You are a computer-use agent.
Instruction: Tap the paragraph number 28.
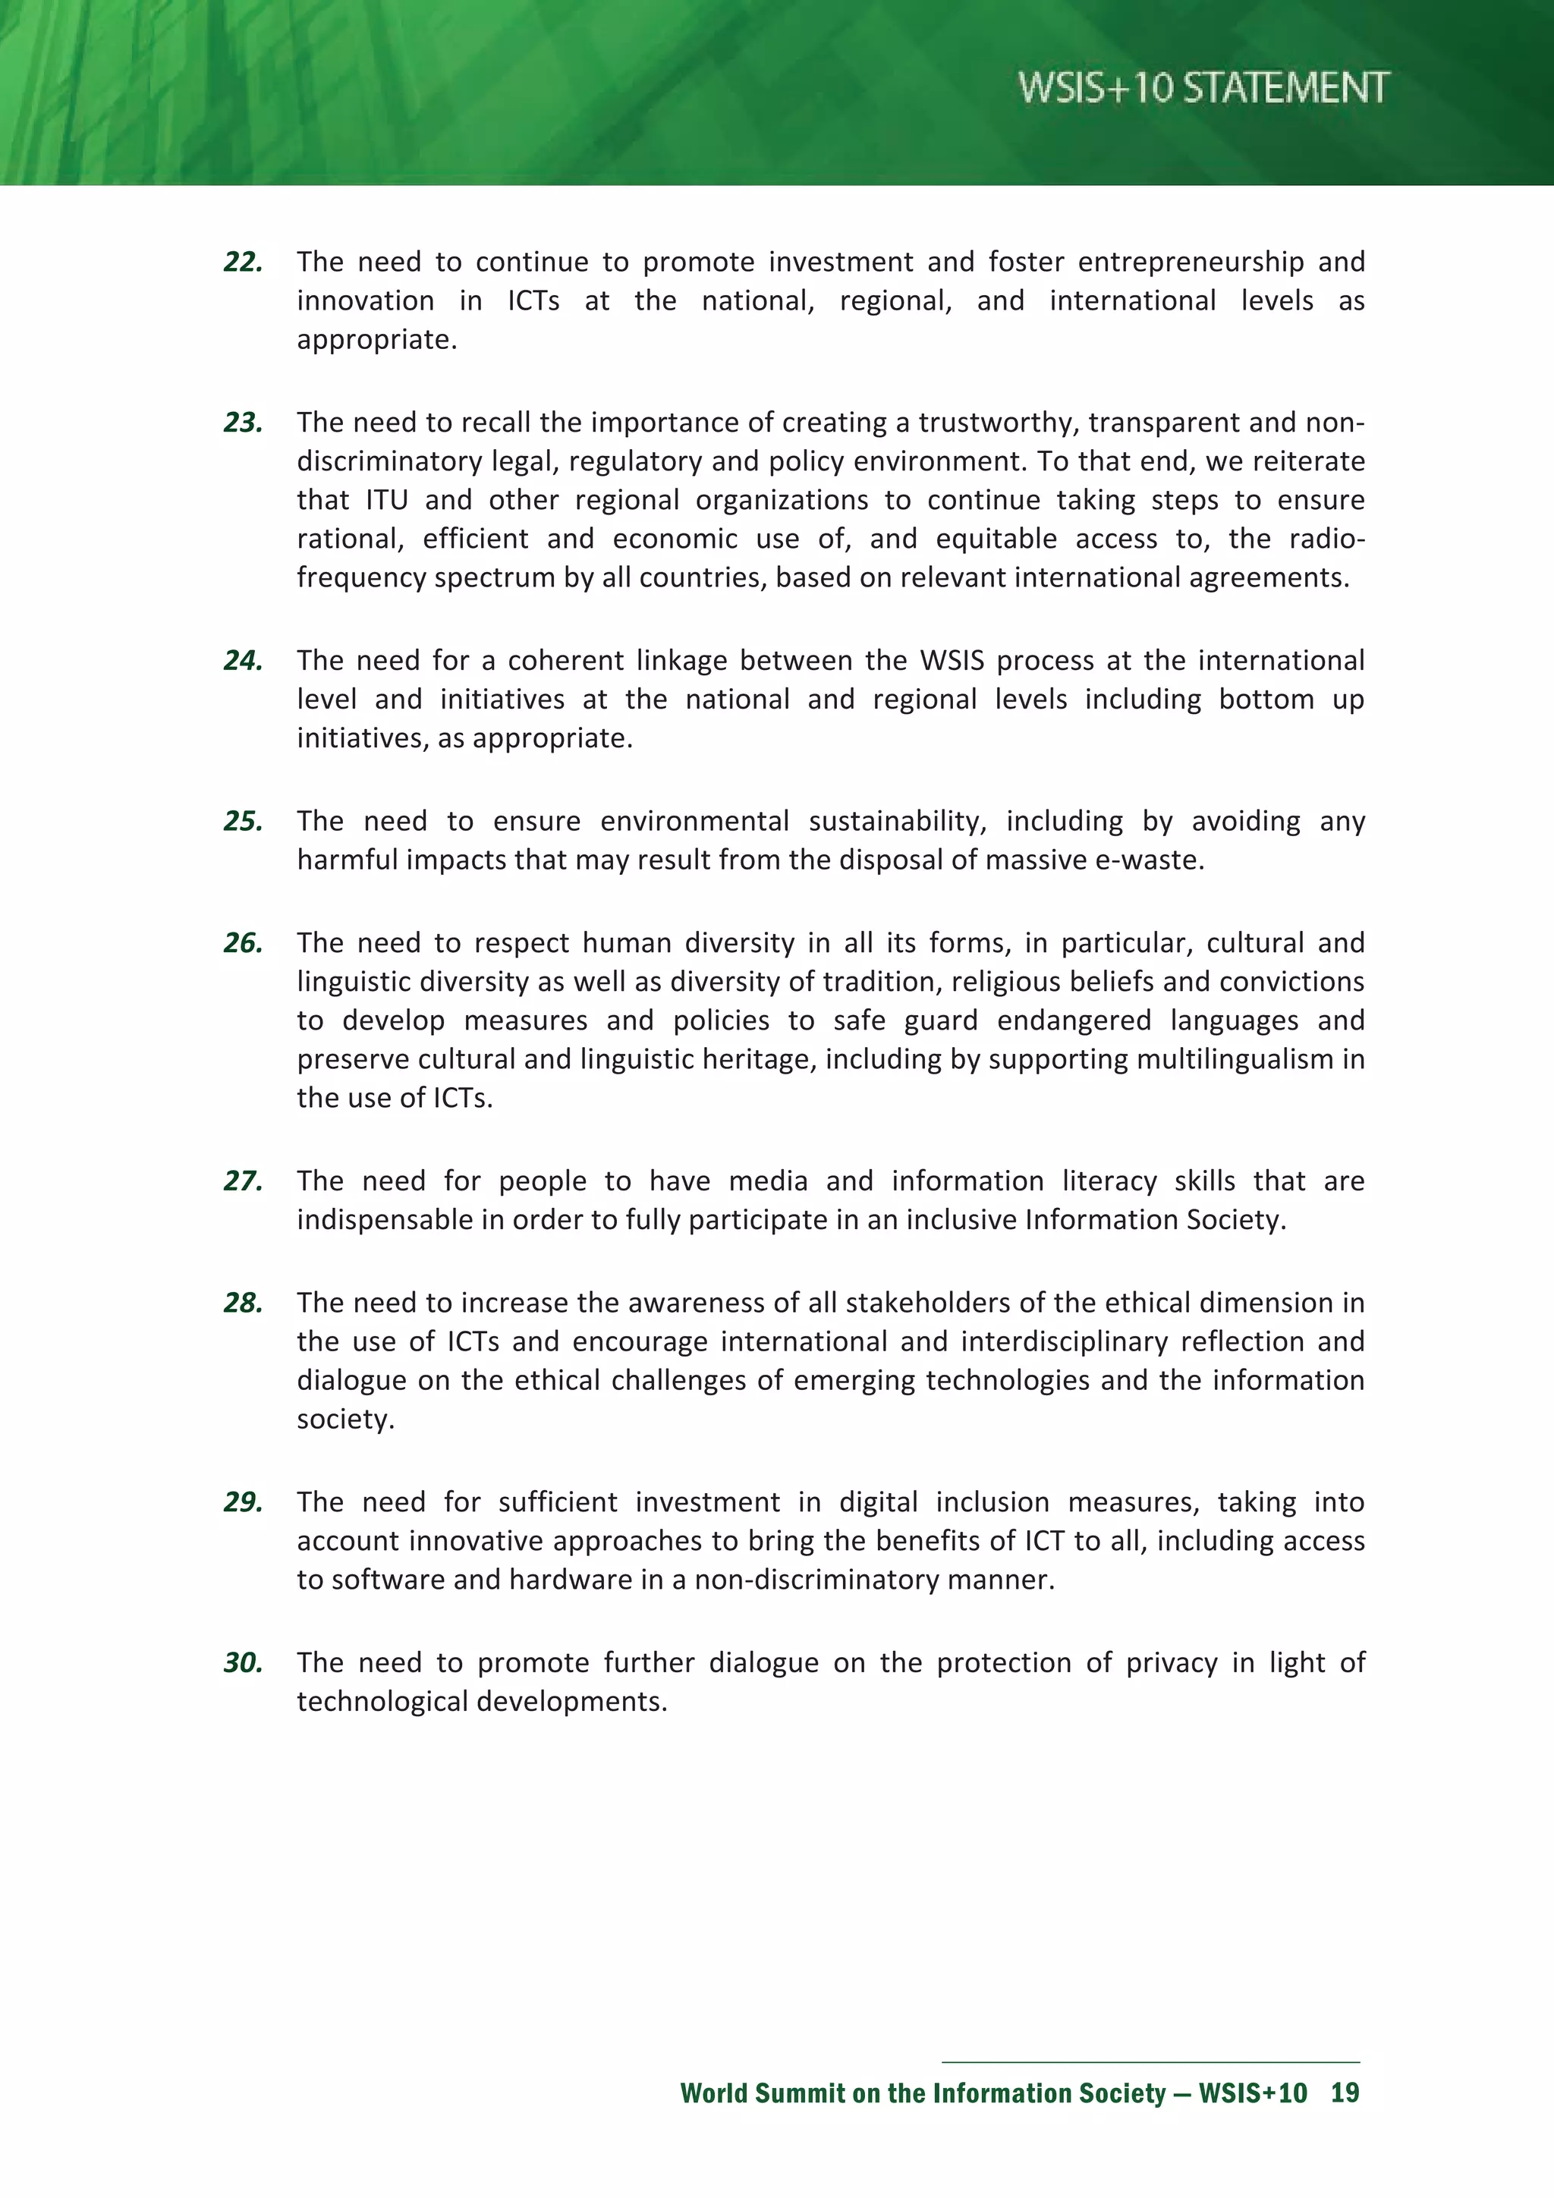click(x=242, y=1303)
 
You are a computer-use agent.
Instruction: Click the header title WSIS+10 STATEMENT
click(x=1203, y=88)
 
